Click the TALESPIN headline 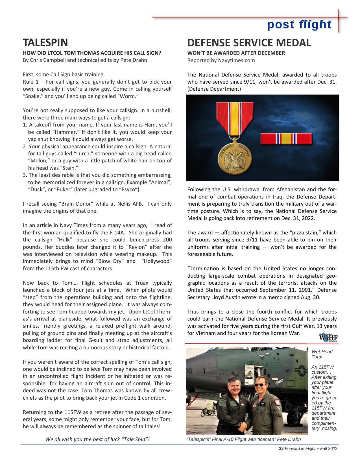pyautogui.click(x=45, y=43)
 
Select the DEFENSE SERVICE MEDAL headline pyautogui.click(x=249, y=43)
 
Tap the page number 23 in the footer pyautogui.click(x=281, y=448)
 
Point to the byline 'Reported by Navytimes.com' pyautogui.click(x=221, y=60)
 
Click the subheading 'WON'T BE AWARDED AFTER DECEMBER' pyautogui.click(x=236, y=53)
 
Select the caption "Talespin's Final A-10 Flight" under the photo pyautogui.click(x=243, y=439)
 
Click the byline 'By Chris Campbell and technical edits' pyautogui.click(x=85, y=60)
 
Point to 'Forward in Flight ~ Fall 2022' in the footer pyautogui.click(x=311, y=448)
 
